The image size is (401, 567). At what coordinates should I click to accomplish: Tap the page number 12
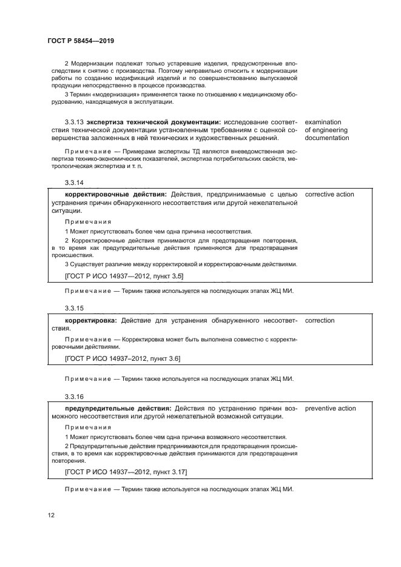[51, 515]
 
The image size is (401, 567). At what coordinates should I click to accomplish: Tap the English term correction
[320, 320]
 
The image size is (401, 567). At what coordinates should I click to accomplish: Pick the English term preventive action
[330, 408]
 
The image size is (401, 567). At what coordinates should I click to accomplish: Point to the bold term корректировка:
[92, 320]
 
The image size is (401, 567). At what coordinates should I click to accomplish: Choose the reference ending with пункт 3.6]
[122, 358]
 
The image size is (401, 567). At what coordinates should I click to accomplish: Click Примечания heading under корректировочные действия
[87, 221]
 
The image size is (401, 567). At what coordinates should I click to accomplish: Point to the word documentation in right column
[328, 138]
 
